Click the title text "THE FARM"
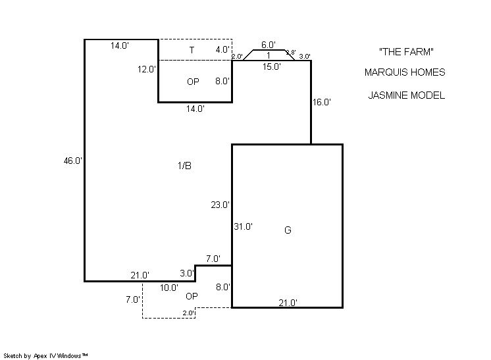click(x=406, y=51)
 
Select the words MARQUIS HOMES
click(x=405, y=72)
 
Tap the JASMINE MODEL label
click(x=406, y=95)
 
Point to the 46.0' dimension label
click(x=72, y=161)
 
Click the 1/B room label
click(x=184, y=166)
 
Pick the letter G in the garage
click(x=288, y=230)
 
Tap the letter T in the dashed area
click(x=192, y=50)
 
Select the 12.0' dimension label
click(x=147, y=69)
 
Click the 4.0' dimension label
click(x=222, y=49)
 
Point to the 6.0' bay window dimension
click(x=269, y=45)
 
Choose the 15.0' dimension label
click(x=271, y=66)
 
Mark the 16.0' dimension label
click(x=322, y=102)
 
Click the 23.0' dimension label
click(x=220, y=205)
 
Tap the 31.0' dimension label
click(x=244, y=226)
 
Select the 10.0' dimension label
click(x=169, y=288)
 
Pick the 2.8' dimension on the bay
click(x=291, y=53)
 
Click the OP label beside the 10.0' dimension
click(x=192, y=296)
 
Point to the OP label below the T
click(x=193, y=82)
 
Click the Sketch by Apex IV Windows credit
click(x=45, y=356)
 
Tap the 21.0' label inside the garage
click(x=288, y=303)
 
